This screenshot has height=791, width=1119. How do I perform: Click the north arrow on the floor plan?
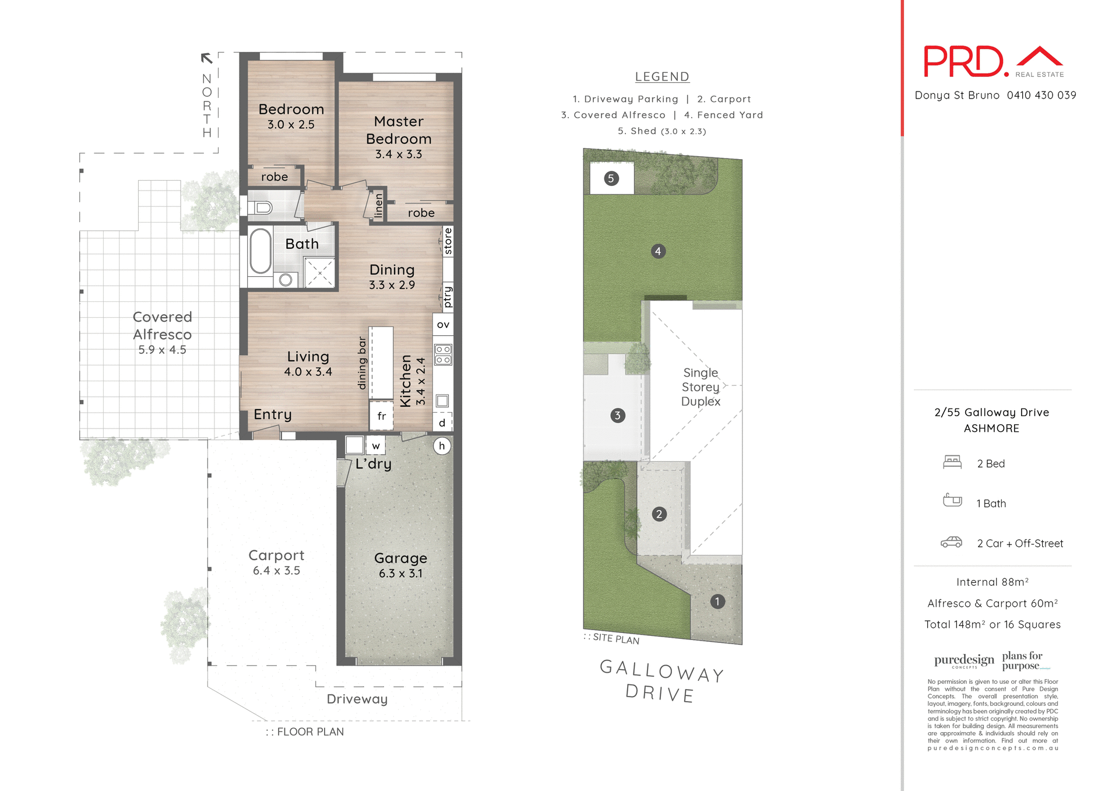206,58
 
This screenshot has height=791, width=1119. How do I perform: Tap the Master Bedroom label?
399,130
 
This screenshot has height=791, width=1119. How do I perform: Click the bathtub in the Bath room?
261,251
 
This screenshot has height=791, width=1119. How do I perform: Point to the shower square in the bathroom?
319,273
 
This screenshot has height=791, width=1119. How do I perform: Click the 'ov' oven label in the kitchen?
443,325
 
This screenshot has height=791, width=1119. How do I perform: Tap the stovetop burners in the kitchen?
443,354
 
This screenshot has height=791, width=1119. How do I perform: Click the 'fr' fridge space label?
382,416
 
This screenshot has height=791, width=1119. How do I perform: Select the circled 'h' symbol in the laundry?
442,446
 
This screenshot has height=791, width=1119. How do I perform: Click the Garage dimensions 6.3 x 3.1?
400,574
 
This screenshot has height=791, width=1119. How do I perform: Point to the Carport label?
276,555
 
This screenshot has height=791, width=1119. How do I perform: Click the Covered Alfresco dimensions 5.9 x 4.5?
162,350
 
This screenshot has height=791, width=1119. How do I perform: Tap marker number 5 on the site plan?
611,178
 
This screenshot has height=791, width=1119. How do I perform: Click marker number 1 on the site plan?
717,601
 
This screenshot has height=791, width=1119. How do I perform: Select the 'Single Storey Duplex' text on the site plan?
701,387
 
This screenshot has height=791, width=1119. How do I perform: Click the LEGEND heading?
662,76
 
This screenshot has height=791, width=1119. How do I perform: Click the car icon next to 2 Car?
951,543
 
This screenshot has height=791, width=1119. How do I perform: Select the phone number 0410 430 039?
1041,95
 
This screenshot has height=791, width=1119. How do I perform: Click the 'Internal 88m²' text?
992,582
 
